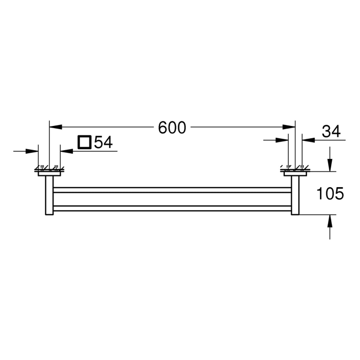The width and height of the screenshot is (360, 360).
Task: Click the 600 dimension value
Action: click(x=172, y=128)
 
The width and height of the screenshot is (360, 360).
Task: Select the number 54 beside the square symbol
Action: click(x=103, y=142)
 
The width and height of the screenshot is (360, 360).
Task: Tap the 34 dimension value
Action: click(x=332, y=132)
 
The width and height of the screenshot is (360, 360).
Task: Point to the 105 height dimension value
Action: click(x=330, y=193)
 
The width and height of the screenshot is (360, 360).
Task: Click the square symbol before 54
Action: click(x=84, y=142)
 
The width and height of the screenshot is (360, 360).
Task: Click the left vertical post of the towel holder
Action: click(x=49, y=195)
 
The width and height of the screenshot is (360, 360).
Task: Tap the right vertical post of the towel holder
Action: click(x=295, y=195)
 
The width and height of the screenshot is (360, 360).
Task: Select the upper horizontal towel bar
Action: click(x=172, y=189)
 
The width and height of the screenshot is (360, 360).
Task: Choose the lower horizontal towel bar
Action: click(x=172, y=208)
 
